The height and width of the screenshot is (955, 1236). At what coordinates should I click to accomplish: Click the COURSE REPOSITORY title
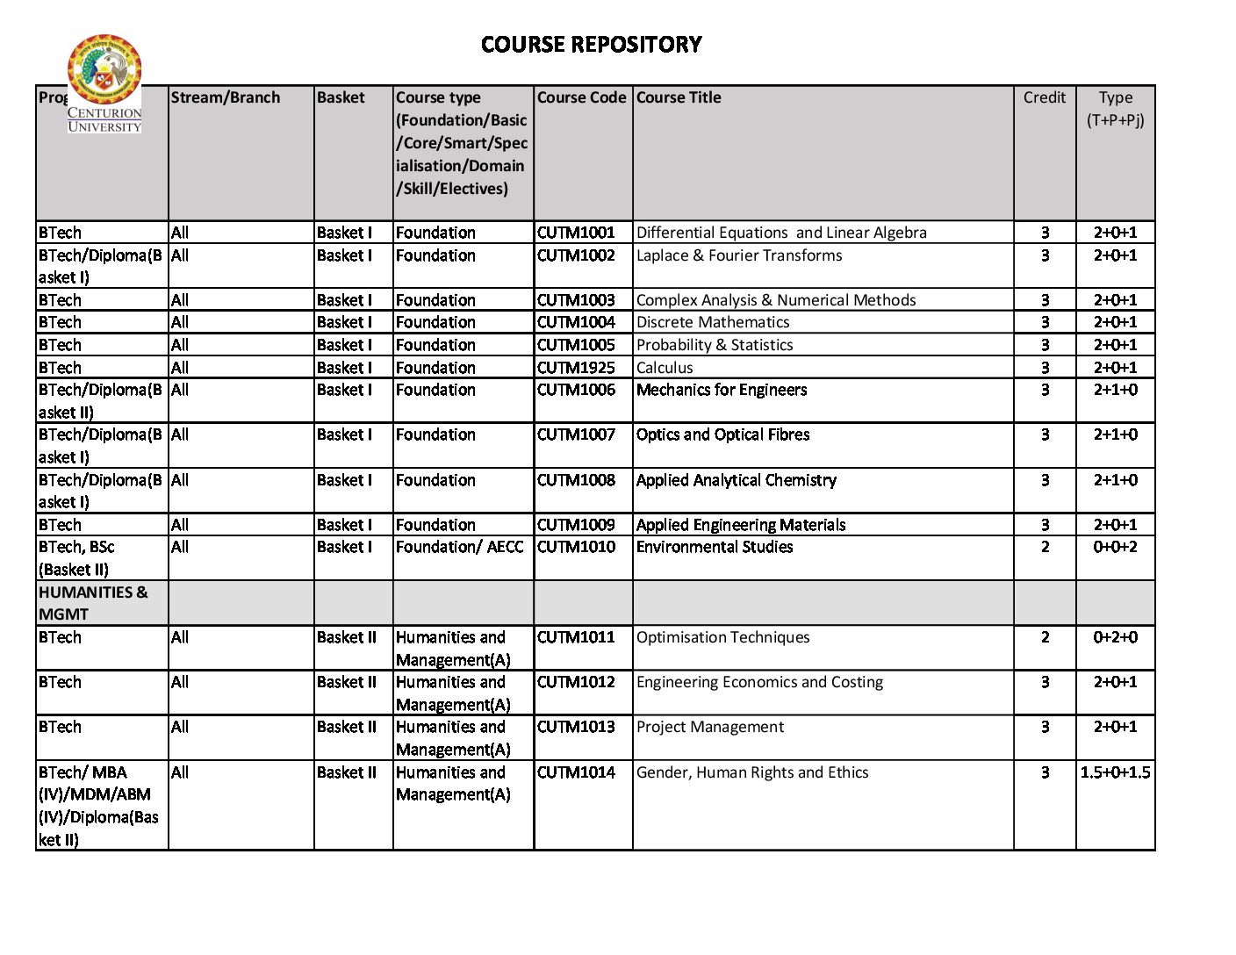(x=591, y=45)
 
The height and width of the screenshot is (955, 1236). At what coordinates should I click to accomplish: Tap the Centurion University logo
(x=104, y=83)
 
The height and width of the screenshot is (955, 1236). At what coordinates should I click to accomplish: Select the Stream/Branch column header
(x=226, y=97)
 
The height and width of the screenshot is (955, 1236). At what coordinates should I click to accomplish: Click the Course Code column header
(x=581, y=97)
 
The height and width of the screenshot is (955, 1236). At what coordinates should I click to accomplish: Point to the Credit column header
(x=1044, y=97)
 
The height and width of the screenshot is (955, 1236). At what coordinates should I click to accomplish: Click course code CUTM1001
(x=576, y=233)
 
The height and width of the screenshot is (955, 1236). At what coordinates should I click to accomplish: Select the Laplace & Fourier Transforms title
(x=738, y=255)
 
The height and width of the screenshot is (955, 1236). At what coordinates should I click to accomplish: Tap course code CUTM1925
(x=576, y=368)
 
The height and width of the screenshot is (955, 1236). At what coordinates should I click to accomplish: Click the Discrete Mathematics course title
(x=712, y=322)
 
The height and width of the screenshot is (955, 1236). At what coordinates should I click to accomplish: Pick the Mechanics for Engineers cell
(x=721, y=390)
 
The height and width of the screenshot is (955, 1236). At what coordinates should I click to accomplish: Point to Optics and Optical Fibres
(x=722, y=434)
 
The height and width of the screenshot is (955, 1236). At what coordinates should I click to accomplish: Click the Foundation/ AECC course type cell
(x=459, y=547)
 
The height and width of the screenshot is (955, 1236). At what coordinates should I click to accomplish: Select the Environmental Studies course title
(x=714, y=547)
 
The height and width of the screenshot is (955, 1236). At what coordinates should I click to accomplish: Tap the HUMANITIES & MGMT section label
(x=93, y=603)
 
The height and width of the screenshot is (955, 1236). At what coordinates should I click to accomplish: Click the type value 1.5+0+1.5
(x=1115, y=772)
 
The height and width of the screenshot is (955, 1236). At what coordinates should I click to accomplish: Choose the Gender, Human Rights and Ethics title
(x=751, y=772)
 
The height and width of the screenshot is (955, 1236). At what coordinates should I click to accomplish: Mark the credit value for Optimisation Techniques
(x=1045, y=637)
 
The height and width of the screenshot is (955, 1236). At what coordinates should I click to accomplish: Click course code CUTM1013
(x=576, y=727)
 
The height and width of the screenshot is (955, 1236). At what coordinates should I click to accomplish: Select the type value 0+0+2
(x=1115, y=547)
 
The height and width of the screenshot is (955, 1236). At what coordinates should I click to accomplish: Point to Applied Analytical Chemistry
(x=736, y=480)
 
